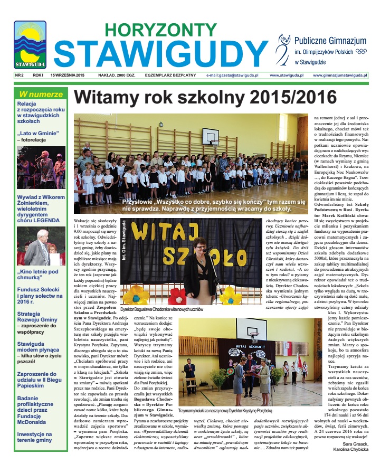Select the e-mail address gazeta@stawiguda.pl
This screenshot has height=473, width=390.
click(232, 75)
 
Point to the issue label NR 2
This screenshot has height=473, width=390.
click(20, 75)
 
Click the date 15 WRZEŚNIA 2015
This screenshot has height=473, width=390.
click(68, 75)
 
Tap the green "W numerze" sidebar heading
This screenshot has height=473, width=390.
click(41, 94)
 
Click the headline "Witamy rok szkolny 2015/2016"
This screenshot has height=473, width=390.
click(205, 98)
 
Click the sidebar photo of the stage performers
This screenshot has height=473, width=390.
click(41, 167)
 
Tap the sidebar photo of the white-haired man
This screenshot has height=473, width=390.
click(41, 246)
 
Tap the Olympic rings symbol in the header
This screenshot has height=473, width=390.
click(361, 51)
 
